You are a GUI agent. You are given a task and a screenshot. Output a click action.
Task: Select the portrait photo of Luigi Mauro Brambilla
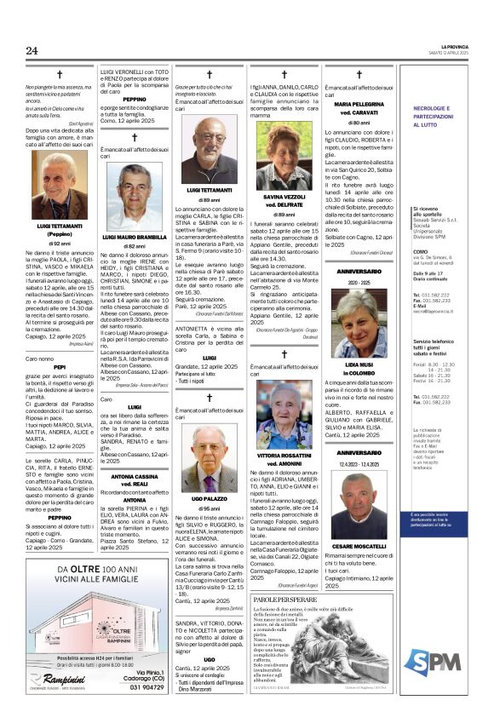pos(134,197)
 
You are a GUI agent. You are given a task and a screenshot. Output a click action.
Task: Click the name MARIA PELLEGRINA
pos(359,104)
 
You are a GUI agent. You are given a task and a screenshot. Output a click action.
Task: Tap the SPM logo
pos(445,635)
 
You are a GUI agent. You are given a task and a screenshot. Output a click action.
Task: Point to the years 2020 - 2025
pos(359,282)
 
